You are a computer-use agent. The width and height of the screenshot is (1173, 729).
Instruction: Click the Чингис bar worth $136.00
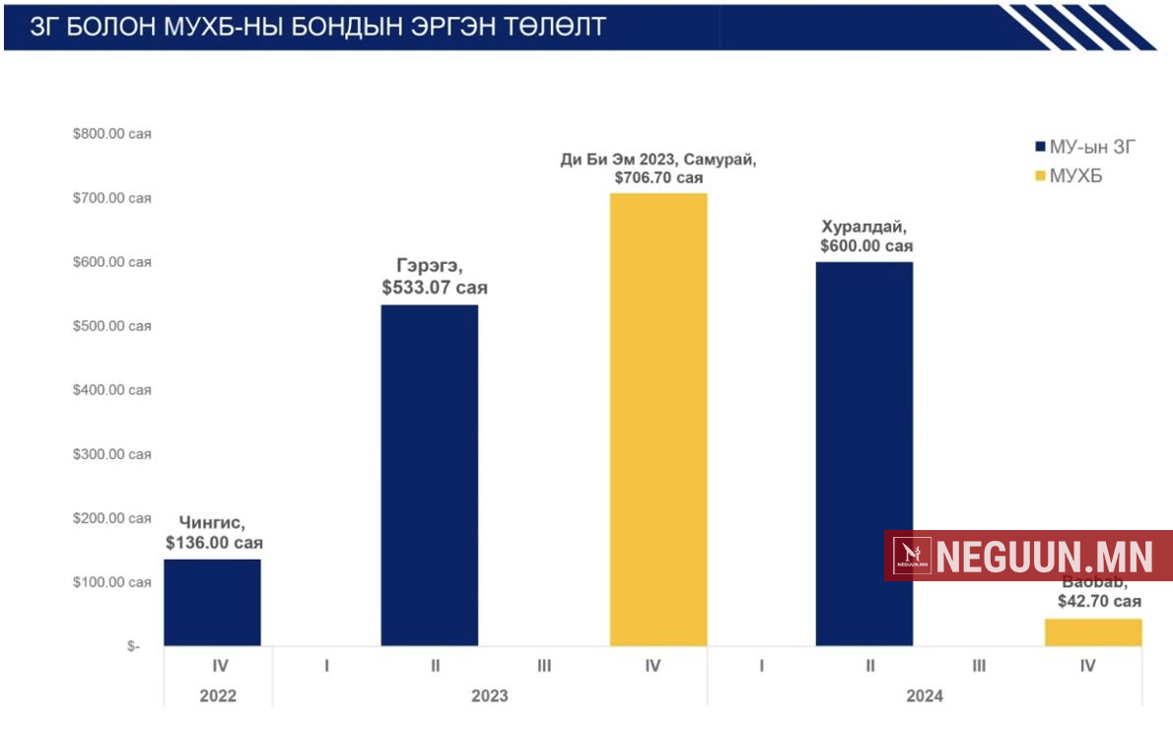pyautogui.click(x=212, y=603)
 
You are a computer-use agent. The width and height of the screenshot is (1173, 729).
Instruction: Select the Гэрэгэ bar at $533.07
pyautogui.click(x=430, y=476)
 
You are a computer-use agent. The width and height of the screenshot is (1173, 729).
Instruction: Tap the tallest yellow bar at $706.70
pyautogui.click(x=658, y=420)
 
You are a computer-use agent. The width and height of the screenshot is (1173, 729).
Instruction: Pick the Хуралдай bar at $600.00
pyautogui.click(x=864, y=454)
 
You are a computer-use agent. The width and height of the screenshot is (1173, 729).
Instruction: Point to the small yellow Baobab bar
pyautogui.click(x=1093, y=632)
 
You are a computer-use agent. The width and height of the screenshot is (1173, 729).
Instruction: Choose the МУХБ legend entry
pyautogui.click(x=1075, y=176)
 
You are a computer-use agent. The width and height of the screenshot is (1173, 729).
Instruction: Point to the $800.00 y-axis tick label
pyautogui.click(x=111, y=134)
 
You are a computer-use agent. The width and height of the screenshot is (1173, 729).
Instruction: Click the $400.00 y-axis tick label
pyautogui.click(x=111, y=390)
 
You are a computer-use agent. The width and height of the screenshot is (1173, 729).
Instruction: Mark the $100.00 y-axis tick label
pyautogui.click(x=111, y=582)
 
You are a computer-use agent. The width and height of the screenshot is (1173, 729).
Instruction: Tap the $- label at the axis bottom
pyautogui.click(x=133, y=646)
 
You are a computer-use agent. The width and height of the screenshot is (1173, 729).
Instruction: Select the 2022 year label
pyautogui.click(x=218, y=696)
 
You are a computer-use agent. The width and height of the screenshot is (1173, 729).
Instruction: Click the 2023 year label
pyautogui.click(x=489, y=696)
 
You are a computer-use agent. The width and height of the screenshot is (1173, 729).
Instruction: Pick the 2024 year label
pyautogui.click(x=925, y=696)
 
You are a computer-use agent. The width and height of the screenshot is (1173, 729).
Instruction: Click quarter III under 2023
pyautogui.click(x=544, y=667)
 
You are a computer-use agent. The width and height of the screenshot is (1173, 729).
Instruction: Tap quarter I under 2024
pyautogui.click(x=761, y=667)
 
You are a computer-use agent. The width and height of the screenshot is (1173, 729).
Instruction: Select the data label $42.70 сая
pyautogui.click(x=1099, y=600)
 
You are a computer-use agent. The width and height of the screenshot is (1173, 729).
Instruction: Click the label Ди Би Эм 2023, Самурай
pyautogui.click(x=658, y=161)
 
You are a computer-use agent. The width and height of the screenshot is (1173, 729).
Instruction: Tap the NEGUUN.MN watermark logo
pyautogui.click(x=1028, y=556)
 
